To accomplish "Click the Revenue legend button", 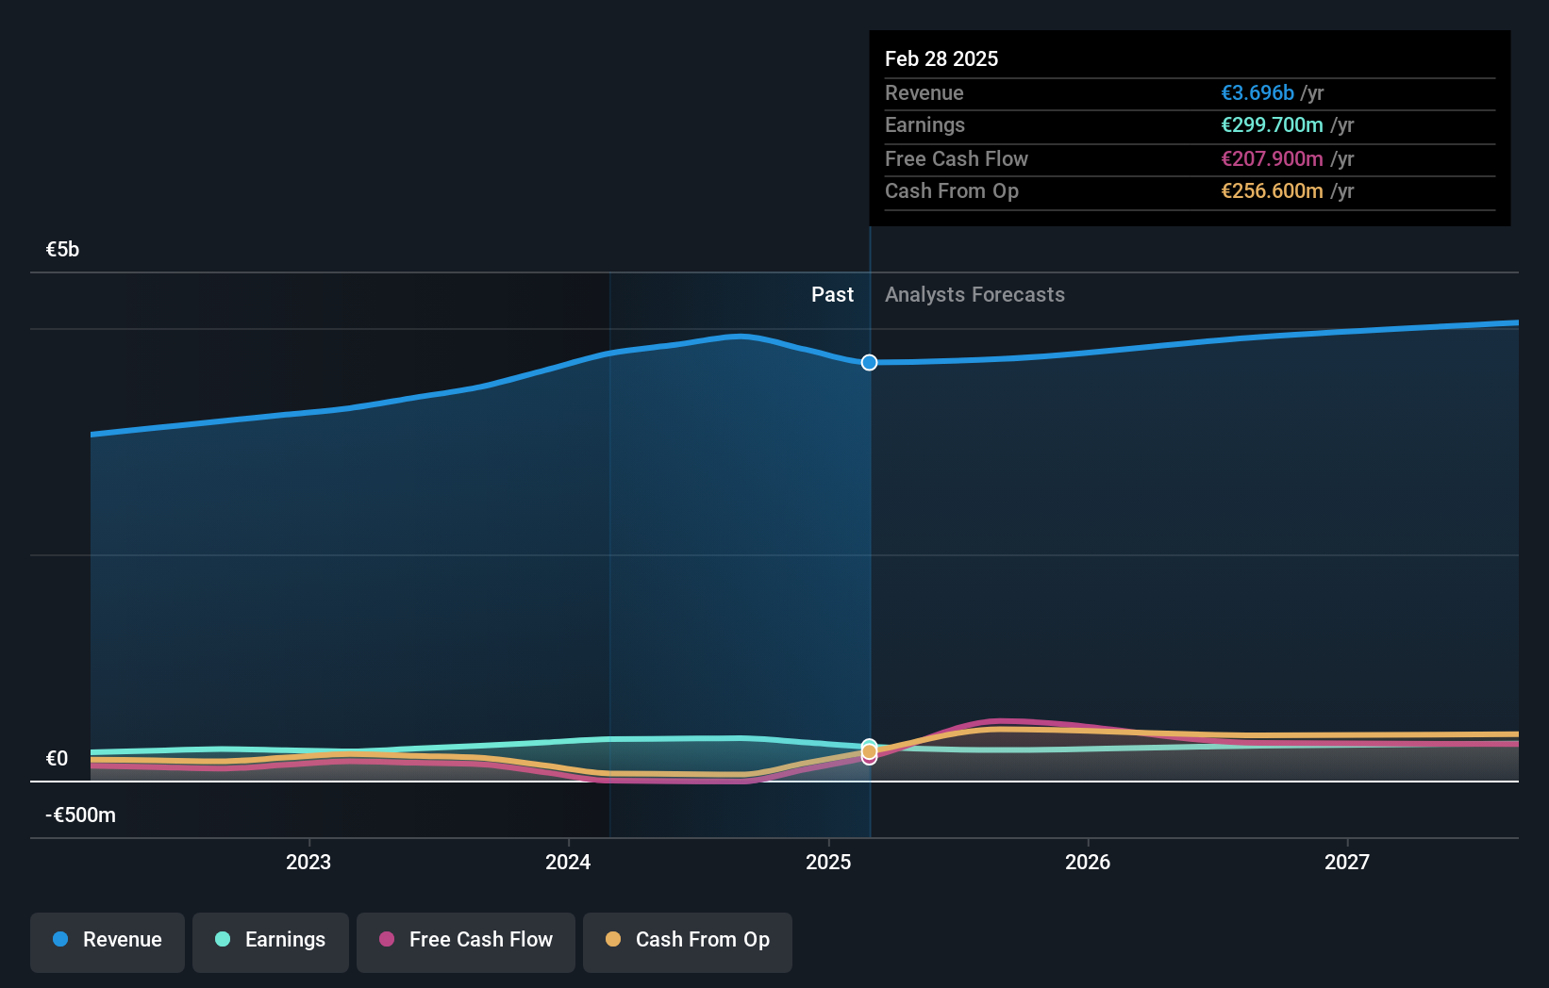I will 108,941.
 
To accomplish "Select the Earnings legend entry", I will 271,941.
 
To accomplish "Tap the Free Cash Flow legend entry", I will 466,941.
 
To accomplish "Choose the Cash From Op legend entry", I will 688,941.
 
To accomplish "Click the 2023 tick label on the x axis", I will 308,863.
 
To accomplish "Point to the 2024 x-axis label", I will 568,863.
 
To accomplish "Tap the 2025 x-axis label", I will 828,863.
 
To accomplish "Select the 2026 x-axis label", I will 1088,863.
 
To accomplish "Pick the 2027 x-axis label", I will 1347,863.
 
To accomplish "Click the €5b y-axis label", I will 62,250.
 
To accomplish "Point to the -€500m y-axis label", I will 80,815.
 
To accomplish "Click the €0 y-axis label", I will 57,759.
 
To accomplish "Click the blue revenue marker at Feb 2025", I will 869,363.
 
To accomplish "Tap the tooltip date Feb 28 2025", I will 941,59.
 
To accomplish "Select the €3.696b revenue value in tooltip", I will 1258,93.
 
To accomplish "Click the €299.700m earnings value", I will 1272,125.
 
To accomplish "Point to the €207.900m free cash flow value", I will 1272,159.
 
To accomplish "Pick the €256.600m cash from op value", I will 1272,191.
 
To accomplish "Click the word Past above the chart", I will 832,295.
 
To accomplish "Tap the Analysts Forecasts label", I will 974,295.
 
